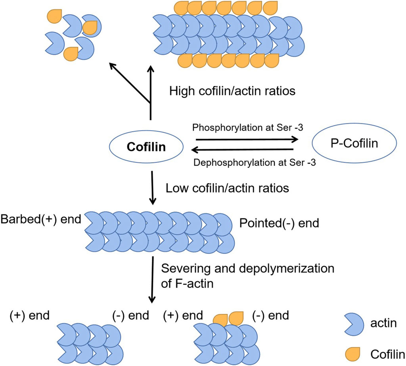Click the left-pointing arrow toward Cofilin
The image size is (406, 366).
pos(242,150)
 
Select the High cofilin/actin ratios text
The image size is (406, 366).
pos(233,91)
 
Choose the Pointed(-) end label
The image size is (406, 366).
pos(279,223)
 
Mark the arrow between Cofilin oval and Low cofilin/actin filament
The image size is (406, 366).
pos(151,189)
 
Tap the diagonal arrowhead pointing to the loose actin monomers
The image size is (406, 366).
pos(113,65)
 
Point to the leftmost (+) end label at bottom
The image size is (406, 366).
pos(29,316)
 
